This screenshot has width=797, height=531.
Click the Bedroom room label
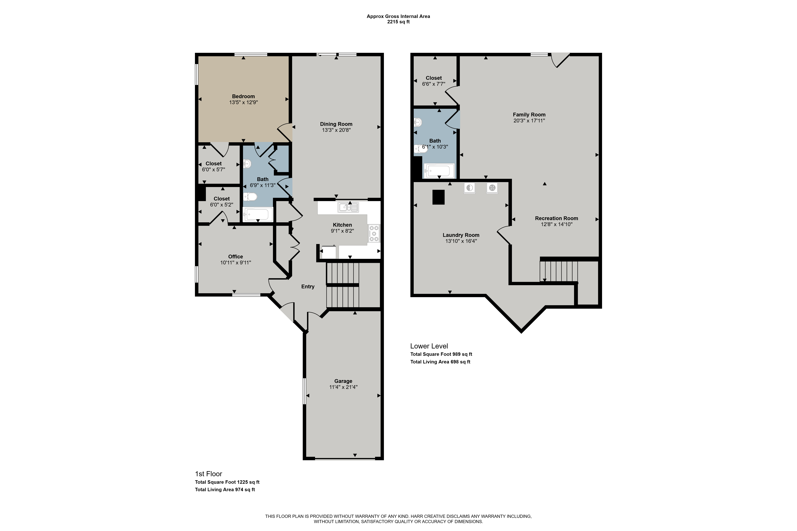point(243,96)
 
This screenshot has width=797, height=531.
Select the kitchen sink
point(348,207)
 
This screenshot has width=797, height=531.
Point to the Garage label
point(343,381)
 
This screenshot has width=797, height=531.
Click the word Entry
point(308,287)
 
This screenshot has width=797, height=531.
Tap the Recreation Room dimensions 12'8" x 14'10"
point(556,224)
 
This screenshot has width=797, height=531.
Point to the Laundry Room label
point(461,235)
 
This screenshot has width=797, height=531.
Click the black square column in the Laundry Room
point(438,197)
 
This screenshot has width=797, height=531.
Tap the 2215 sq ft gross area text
point(399,22)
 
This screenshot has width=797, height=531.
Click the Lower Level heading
point(429,346)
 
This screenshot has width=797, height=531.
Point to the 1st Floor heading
point(208,474)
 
